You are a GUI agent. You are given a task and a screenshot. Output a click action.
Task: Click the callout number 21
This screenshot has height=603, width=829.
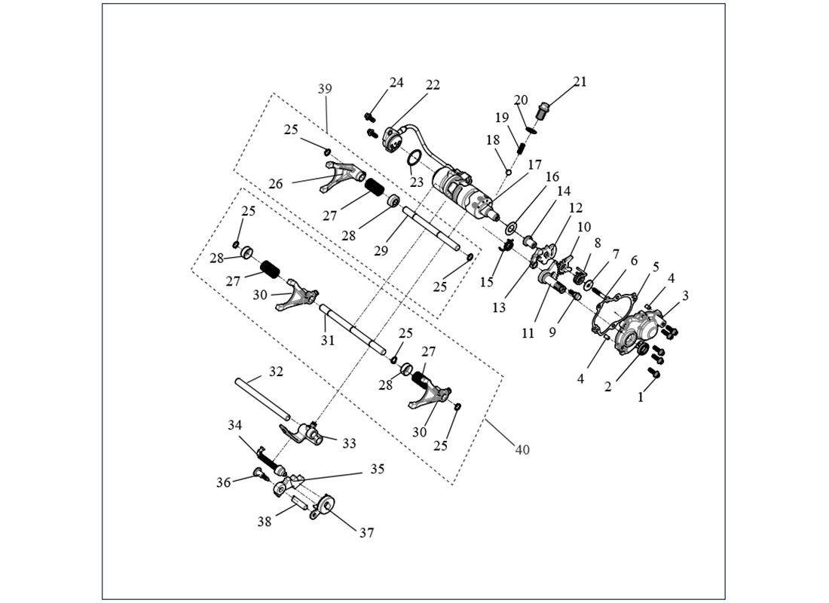point(580,81)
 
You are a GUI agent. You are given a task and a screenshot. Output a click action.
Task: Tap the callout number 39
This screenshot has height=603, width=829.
point(325,89)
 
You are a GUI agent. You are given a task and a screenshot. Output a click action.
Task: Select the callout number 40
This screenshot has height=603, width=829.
point(522,450)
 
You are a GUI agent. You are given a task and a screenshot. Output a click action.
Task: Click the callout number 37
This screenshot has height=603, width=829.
point(367,532)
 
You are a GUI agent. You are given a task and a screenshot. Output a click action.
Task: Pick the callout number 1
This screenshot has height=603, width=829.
point(641,397)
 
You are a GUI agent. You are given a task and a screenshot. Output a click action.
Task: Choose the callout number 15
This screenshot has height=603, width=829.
point(486,282)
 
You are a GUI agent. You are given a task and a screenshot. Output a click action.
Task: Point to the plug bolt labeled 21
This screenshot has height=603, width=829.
point(543,114)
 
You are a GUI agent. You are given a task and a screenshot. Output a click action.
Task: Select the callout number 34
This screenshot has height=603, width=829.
point(236,426)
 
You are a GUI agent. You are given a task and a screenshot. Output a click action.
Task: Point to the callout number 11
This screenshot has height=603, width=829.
point(528,332)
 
